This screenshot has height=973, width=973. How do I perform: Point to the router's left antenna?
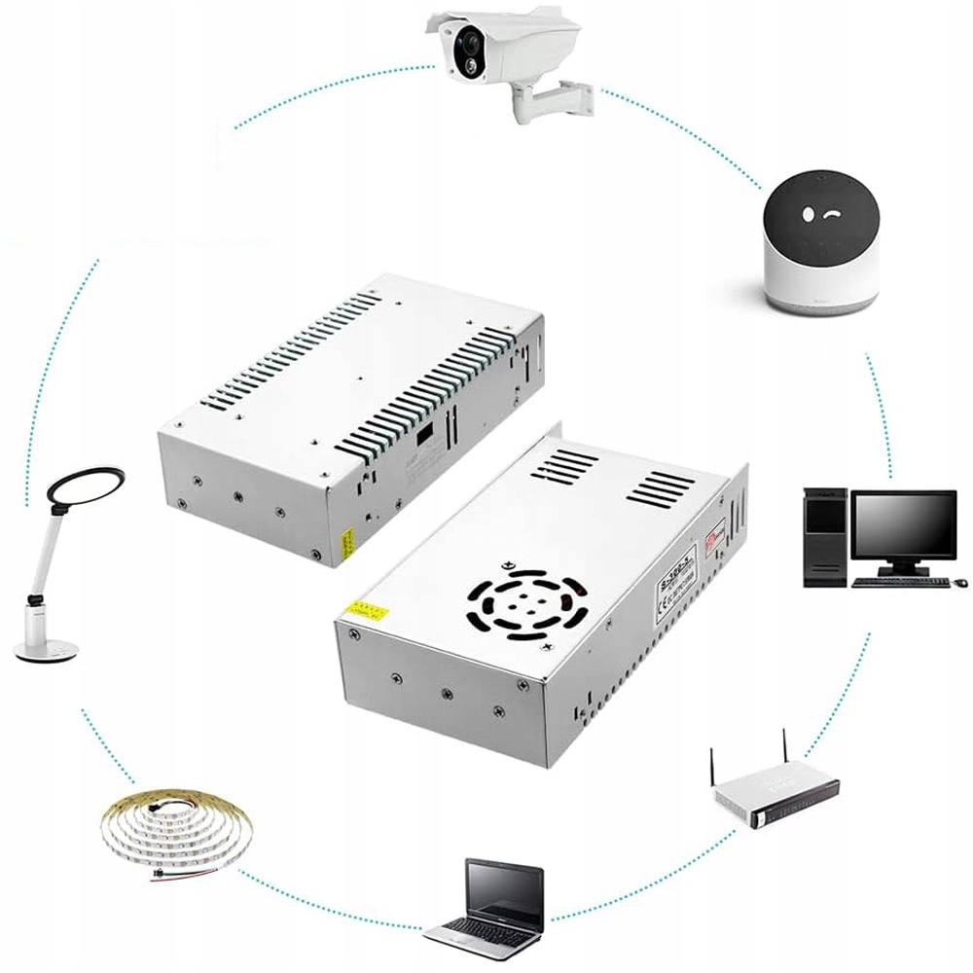(711, 770)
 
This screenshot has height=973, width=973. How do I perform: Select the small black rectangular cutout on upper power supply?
(425, 437)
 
